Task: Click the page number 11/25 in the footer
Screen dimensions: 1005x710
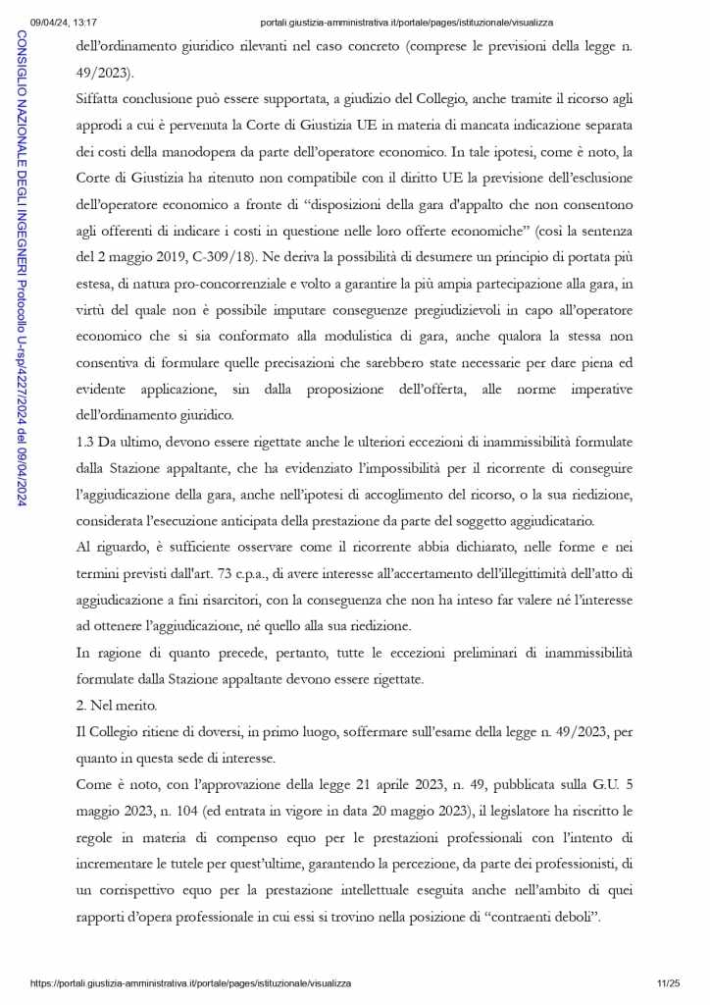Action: tap(668, 982)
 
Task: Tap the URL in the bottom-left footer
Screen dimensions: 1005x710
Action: tap(190, 982)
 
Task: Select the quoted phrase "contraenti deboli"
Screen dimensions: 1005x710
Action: tap(538, 914)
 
